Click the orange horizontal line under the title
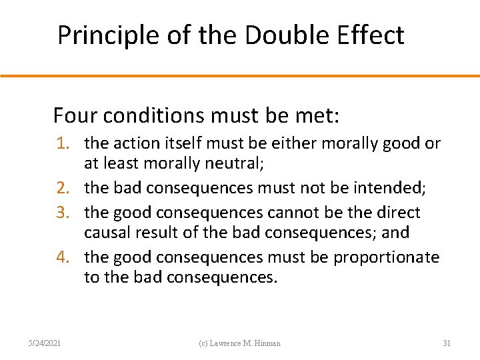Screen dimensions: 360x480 pyautogui.click(x=240, y=76)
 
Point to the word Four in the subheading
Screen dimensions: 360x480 pyautogui.click(x=74, y=116)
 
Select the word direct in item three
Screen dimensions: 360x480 pyautogui.click(x=397, y=213)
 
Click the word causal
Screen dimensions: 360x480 pyautogui.click(x=105, y=233)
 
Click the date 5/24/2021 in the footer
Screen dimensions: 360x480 pyautogui.click(x=46, y=343)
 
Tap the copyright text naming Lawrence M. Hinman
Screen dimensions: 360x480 pyautogui.click(x=241, y=343)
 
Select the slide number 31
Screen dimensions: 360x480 pyautogui.click(x=447, y=343)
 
